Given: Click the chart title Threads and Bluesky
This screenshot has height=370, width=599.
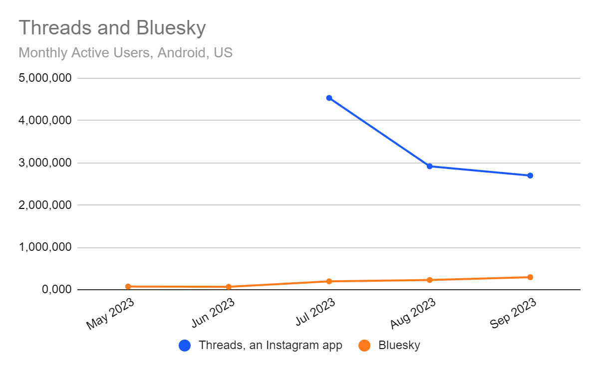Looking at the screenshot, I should click(112, 28).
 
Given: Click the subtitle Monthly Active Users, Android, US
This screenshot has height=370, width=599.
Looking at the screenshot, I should click(126, 52).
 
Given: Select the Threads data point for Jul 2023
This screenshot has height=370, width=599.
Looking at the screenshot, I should click(329, 98).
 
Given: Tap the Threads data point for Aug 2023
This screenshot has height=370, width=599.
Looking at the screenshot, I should click(429, 166).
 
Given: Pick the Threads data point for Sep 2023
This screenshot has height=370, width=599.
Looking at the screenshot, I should click(530, 176).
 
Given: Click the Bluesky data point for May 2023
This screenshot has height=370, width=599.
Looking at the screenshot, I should click(128, 287).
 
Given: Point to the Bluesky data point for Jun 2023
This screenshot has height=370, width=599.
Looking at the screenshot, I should click(229, 287).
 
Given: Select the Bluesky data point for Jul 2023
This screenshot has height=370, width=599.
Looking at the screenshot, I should click(329, 281).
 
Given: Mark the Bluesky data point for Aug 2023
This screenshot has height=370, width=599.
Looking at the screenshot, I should click(429, 280).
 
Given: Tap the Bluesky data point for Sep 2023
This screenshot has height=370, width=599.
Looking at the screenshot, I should click(530, 277).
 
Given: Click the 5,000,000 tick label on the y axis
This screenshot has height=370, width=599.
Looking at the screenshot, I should click(44, 78).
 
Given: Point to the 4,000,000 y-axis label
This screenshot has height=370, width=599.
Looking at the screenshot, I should click(44, 120).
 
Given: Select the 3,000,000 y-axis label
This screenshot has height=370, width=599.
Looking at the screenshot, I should click(44, 163).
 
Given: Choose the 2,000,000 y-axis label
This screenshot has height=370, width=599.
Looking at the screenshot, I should click(44, 205).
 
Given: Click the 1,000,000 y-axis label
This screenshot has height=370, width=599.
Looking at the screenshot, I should click(44, 247).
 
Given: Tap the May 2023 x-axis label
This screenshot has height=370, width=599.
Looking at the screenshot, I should click(111, 314).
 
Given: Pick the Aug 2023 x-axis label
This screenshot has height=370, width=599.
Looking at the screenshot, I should click(413, 314).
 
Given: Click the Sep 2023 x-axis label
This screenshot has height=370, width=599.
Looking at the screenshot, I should click(513, 314).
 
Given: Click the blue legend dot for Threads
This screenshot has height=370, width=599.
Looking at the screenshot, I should click(185, 346).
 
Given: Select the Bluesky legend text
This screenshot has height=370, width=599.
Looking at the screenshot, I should click(399, 346).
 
